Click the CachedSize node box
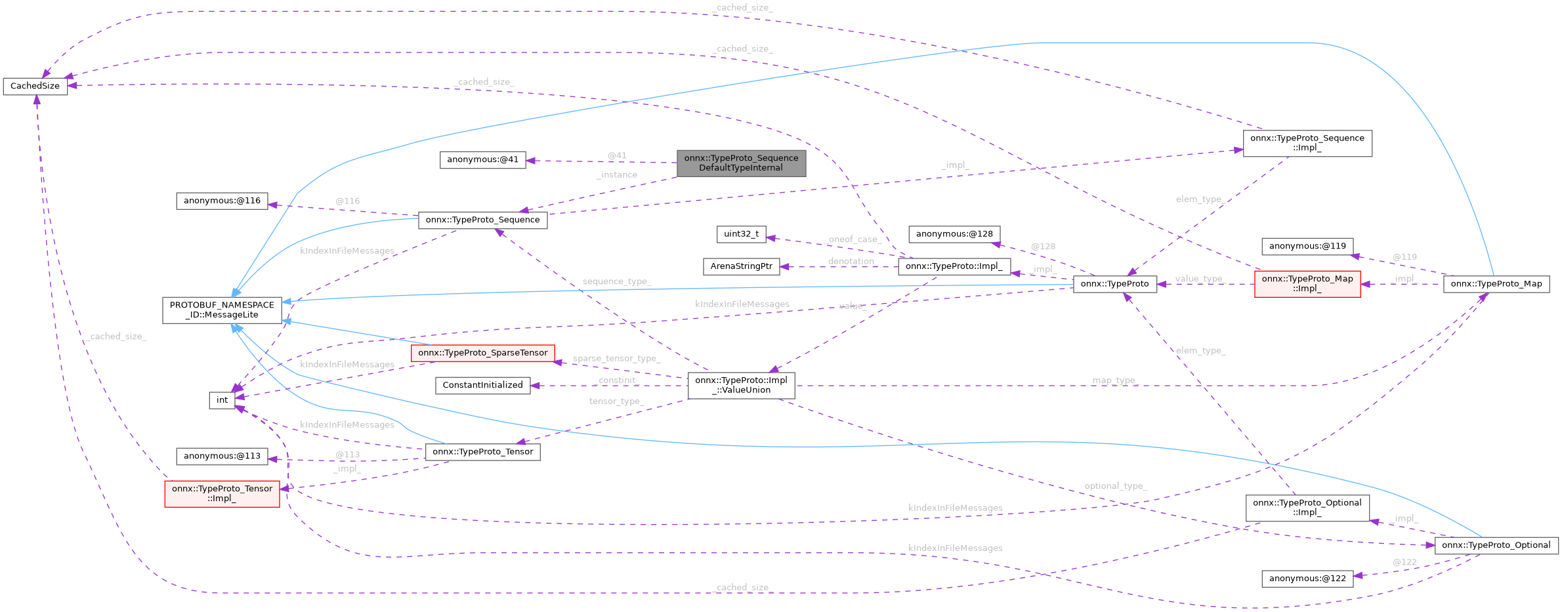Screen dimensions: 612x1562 [x=35, y=86]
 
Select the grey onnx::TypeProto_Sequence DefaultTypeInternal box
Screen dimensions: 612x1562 [x=741, y=163]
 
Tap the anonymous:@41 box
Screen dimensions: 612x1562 [x=482, y=159]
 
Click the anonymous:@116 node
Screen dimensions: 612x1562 [x=222, y=201]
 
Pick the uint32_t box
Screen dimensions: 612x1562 [x=741, y=234]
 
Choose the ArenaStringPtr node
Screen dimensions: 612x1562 [x=741, y=266]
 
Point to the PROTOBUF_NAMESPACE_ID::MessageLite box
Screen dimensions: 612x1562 [x=222, y=310]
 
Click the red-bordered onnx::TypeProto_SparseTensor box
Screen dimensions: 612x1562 [x=482, y=353]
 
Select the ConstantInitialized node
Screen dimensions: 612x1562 [x=482, y=385]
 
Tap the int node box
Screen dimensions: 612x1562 [x=222, y=400]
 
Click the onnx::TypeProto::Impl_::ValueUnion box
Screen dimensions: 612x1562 [x=741, y=385]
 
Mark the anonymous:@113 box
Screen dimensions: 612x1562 [x=222, y=456]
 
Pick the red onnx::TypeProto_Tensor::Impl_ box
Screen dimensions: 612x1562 [x=222, y=493]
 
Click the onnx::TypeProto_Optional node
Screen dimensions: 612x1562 [x=1496, y=545]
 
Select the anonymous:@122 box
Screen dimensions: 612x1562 [x=1307, y=579]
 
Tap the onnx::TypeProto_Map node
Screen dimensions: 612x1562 [x=1496, y=284]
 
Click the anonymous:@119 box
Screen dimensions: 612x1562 [x=1307, y=247]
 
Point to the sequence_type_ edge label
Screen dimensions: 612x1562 [x=616, y=281]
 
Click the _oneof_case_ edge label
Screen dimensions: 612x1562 [x=853, y=239]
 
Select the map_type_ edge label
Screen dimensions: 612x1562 [x=1113, y=380]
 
